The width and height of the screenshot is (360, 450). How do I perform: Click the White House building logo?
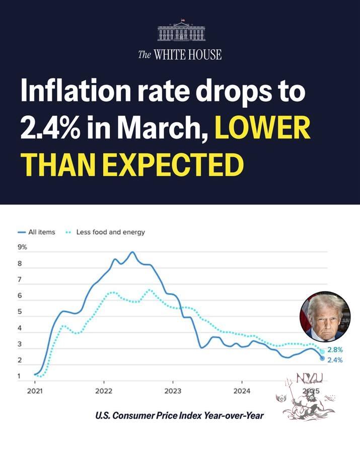[x=181, y=31]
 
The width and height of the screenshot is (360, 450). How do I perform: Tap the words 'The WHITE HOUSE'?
[x=180, y=54]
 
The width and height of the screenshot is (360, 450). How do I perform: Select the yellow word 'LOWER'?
[x=263, y=130]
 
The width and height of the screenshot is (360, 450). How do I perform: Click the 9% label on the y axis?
[x=23, y=247]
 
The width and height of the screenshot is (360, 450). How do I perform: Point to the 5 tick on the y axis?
[x=20, y=312]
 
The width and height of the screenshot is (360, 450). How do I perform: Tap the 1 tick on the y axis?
[x=20, y=377]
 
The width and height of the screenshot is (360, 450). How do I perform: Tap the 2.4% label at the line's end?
[x=335, y=360]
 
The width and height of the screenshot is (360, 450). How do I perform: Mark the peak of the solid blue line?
[x=132, y=252]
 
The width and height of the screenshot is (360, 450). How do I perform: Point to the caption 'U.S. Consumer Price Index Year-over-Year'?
[x=180, y=416]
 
